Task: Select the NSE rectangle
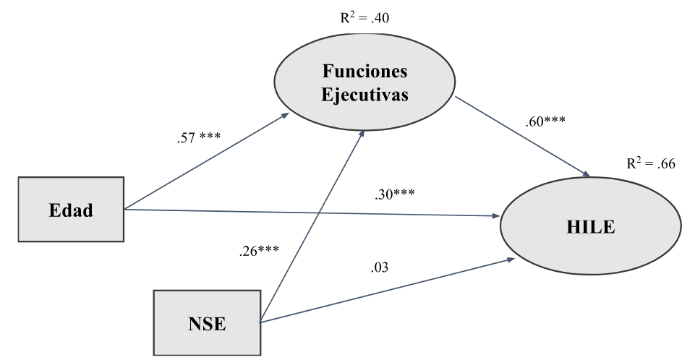tap(205, 322)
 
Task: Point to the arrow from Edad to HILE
tap(311, 213)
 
